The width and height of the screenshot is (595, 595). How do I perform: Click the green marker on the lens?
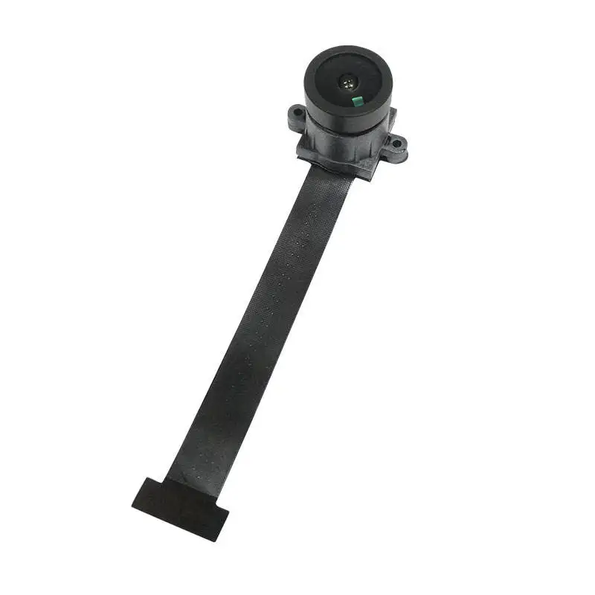356,100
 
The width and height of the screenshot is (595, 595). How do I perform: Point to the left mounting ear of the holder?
297,117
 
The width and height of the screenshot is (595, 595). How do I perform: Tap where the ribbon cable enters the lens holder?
328,170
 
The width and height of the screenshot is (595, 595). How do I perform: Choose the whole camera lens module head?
345,112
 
